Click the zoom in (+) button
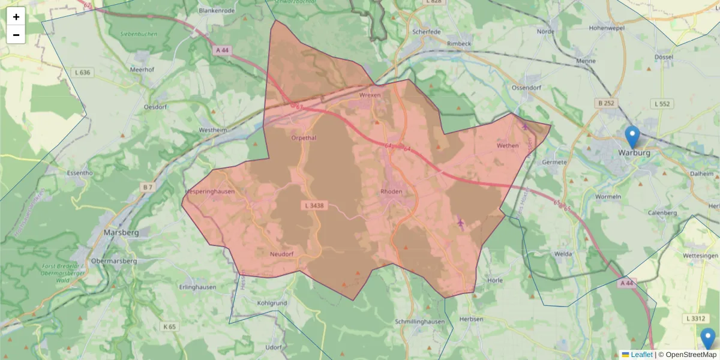click(16, 17)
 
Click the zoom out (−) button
click(16, 35)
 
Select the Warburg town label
click(634, 152)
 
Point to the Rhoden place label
click(391, 191)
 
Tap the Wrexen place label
click(370, 95)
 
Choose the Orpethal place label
click(303, 137)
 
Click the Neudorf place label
click(281, 254)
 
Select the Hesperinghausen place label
click(211, 191)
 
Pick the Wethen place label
click(508, 145)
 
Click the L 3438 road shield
click(314, 206)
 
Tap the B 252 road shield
click(607, 103)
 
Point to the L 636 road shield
click(83, 73)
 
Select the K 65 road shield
click(169, 327)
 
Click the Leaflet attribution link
click(641, 355)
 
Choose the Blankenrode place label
click(215, 10)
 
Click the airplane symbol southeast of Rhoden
click(461, 223)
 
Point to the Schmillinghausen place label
click(420, 322)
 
